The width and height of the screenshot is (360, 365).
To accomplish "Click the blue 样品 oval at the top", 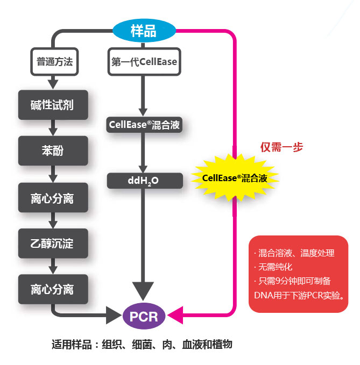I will pyautogui.click(x=144, y=31).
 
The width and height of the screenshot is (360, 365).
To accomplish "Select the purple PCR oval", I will pyautogui.click(x=144, y=316).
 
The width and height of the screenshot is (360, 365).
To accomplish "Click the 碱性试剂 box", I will pyautogui.click(x=52, y=105).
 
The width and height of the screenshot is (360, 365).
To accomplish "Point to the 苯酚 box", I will pyautogui.click(x=52, y=151).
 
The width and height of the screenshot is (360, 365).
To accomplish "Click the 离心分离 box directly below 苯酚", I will pyautogui.click(x=52, y=198).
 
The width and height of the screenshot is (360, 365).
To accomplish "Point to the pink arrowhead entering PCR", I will pyautogui.click(x=177, y=316).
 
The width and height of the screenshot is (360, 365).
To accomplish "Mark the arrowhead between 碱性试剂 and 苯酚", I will pyautogui.click(x=52, y=131).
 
